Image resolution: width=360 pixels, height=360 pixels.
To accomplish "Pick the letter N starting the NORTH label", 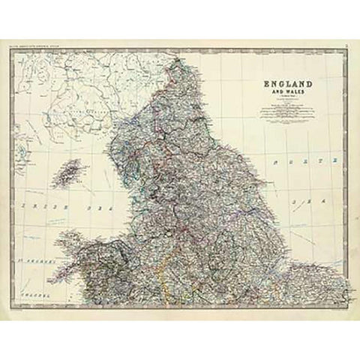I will [x=276, y=161].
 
